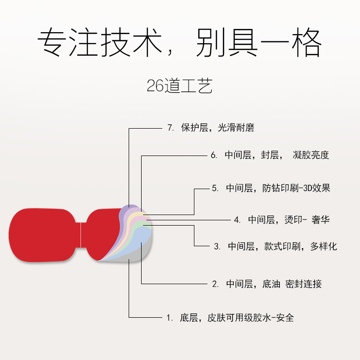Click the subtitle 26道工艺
(x=180, y=86)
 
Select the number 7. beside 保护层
(x=170, y=128)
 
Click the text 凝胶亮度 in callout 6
(x=311, y=155)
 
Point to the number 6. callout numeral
(x=214, y=155)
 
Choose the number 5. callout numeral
(x=215, y=188)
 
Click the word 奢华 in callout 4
(x=320, y=220)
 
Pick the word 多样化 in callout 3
(x=324, y=247)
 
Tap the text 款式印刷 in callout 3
(x=283, y=247)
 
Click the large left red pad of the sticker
(x=43, y=235)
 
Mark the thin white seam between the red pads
(x=82, y=235)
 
